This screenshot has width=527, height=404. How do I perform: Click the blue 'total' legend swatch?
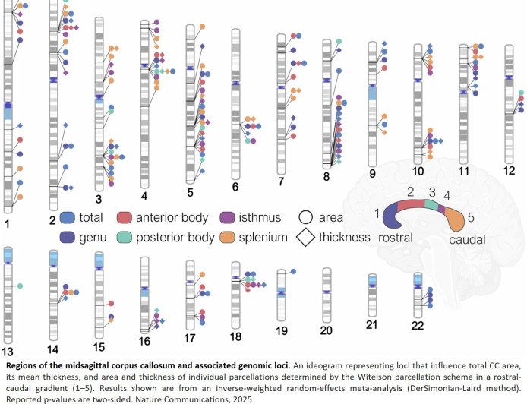(x=66, y=218)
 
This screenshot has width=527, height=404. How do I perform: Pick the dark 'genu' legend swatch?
(x=66, y=238)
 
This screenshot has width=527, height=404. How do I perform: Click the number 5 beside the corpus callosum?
(x=471, y=218)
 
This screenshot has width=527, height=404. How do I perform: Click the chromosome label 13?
(x=8, y=352)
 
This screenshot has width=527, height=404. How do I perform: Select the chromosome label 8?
(x=326, y=176)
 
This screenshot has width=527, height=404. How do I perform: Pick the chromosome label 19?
(x=282, y=330)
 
